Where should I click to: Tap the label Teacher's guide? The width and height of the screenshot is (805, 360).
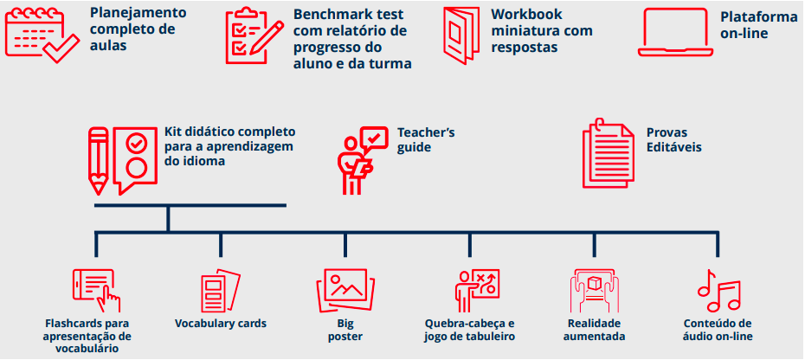(x=426, y=140)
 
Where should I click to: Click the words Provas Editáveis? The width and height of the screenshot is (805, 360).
(x=673, y=140)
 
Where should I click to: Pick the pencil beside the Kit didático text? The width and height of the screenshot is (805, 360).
(x=99, y=161)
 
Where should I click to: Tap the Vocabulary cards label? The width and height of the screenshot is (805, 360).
(x=221, y=324)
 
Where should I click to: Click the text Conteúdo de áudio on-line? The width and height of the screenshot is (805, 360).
(x=718, y=330)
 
